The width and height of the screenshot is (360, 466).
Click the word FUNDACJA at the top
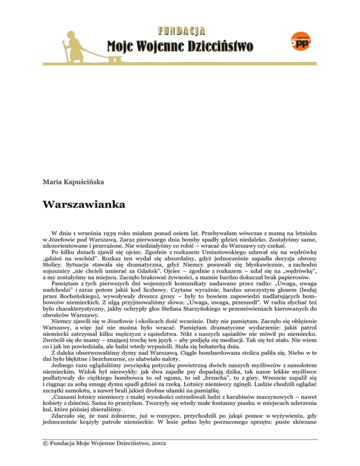(180, 31)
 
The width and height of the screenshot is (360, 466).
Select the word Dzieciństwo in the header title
(217, 46)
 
